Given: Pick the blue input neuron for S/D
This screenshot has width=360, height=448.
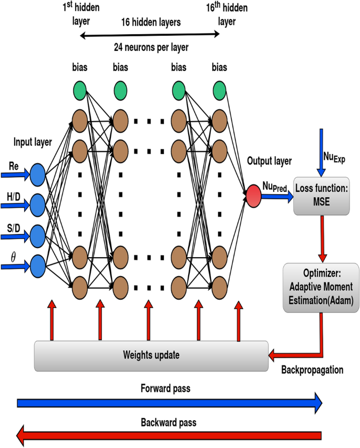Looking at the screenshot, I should (x=38, y=235).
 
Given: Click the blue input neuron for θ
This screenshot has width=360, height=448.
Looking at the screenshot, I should (x=38, y=266).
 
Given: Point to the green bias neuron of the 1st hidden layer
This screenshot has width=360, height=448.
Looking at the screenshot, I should (x=80, y=91).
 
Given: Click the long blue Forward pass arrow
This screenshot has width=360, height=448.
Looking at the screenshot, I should (x=168, y=403).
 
